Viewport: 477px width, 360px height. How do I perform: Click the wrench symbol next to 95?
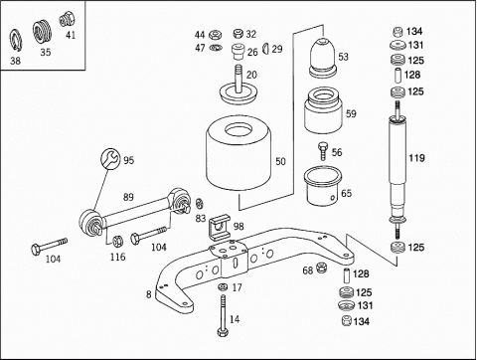point(110,158)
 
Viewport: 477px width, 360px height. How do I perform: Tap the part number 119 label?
point(416,158)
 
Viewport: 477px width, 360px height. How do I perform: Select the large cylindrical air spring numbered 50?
point(238,153)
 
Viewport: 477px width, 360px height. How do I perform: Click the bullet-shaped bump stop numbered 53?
point(323,58)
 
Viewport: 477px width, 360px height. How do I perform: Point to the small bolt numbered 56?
point(323,151)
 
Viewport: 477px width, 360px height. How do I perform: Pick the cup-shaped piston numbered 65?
point(323,186)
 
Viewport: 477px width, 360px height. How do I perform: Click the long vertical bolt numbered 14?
point(223,316)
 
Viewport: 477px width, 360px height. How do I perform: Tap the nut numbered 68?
point(321,268)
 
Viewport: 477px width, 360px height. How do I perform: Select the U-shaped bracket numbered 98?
point(219,227)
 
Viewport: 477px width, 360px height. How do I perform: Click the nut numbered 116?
point(117,241)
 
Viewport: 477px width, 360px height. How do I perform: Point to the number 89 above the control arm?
point(128,197)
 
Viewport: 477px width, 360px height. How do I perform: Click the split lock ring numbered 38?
point(15,41)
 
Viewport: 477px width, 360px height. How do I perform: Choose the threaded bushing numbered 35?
point(43,32)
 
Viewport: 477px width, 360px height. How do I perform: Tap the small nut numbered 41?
point(67,19)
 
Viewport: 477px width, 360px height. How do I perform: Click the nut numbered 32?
point(238,34)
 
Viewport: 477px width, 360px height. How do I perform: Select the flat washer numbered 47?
point(216,48)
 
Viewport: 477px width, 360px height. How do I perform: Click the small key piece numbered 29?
point(266,49)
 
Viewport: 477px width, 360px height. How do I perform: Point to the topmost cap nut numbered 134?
point(397,32)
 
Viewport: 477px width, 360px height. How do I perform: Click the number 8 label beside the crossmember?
point(149,294)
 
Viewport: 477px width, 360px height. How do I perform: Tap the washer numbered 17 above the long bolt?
point(223,286)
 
